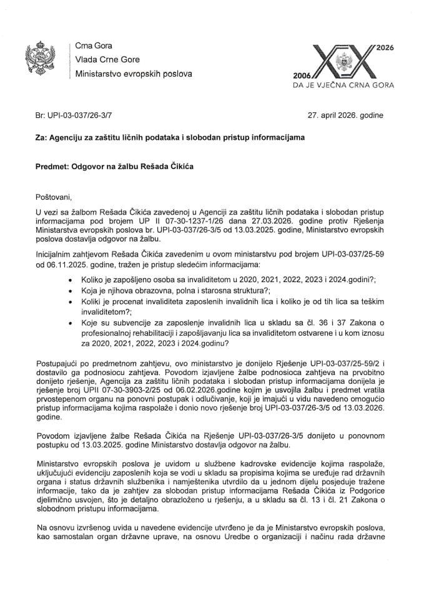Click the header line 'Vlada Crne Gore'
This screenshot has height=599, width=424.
pos(107,60)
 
